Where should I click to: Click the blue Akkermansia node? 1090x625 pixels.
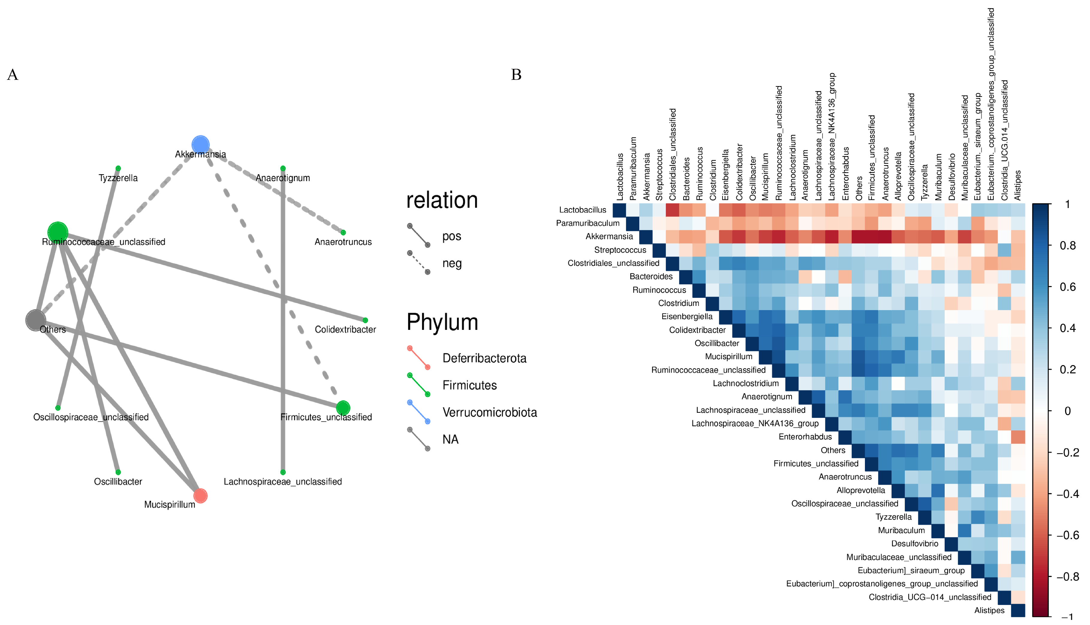click(200, 145)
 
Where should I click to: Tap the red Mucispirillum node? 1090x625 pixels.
click(200, 496)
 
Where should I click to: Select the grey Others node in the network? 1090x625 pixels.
click(36, 320)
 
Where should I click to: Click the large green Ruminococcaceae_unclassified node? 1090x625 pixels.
click(58, 232)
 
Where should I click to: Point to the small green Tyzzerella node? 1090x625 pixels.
click(118, 168)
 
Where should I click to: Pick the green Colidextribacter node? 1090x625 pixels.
click(365, 320)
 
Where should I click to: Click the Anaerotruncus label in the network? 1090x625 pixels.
click(343, 242)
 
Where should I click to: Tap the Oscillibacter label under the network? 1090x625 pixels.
click(118, 482)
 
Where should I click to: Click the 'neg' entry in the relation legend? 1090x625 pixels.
click(452, 263)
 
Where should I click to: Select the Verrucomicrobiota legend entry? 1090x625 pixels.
click(489, 412)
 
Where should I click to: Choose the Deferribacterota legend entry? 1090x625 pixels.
click(484, 358)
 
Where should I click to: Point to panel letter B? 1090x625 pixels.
click(516, 75)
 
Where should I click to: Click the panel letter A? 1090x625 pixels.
click(13, 75)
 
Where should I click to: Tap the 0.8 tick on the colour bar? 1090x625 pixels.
click(1067, 245)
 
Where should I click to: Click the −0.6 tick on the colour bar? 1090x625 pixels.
click(1067, 535)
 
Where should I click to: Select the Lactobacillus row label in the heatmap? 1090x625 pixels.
click(582, 210)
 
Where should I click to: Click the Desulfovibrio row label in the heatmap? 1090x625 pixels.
click(914, 544)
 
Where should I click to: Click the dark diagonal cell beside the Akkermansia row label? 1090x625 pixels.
click(646, 236)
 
